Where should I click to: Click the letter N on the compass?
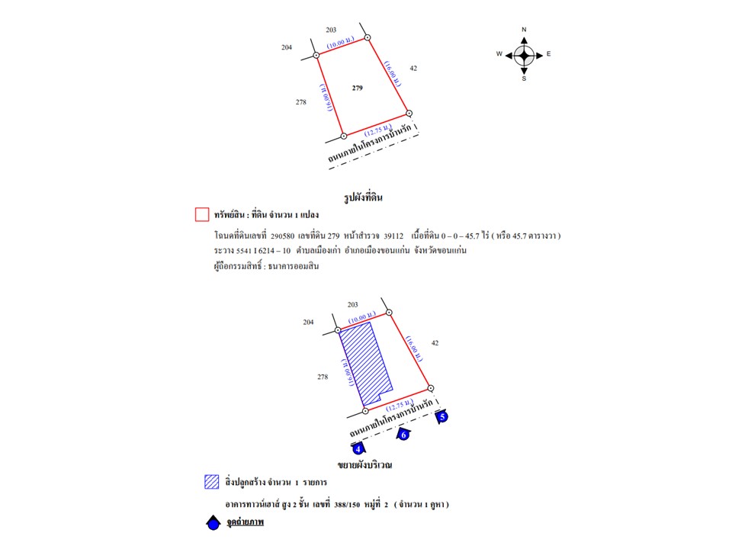(x=524, y=30)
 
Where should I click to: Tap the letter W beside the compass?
(x=499, y=54)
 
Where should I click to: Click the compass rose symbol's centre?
(x=524, y=54)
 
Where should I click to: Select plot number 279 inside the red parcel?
(x=358, y=88)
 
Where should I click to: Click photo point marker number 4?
(x=358, y=450)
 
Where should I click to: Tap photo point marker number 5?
(x=442, y=416)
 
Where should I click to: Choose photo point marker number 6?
(x=404, y=435)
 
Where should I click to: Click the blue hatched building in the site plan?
(x=364, y=361)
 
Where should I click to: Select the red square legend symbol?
(x=202, y=214)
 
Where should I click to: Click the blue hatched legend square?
(x=212, y=482)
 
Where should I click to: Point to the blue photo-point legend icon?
(x=213, y=524)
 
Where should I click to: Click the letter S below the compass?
(x=524, y=79)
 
